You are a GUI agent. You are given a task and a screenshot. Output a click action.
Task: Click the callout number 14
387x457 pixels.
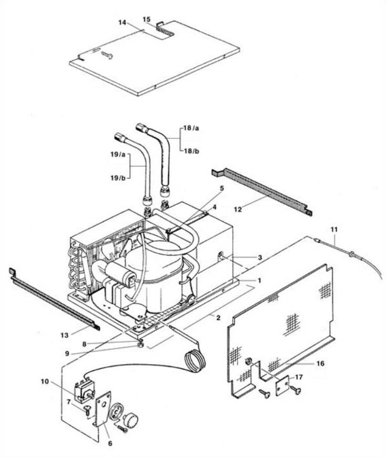122,23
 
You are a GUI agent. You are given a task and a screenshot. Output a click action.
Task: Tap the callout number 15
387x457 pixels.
147,18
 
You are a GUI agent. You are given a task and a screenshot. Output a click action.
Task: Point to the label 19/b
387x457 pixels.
118,178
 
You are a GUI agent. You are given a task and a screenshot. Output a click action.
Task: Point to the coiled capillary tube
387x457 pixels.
194,360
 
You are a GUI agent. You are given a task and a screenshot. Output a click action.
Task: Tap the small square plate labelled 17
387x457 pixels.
284,387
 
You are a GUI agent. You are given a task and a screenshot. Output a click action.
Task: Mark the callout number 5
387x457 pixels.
222,187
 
